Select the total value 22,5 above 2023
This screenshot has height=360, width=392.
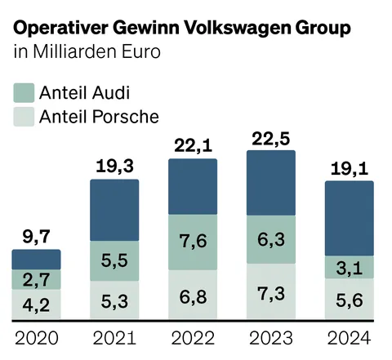pyautogui.click(x=269, y=138)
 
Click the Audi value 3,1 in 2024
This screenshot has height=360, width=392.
pyautogui.click(x=349, y=267)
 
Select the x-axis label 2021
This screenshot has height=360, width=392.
pyautogui.click(x=114, y=338)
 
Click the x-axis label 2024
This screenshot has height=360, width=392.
pyautogui.click(x=349, y=338)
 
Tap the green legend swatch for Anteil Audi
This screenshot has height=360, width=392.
pyautogui.click(x=24, y=91)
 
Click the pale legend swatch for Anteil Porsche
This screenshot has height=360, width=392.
pyautogui.click(x=24, y=116)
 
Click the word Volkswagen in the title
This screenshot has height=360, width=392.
pyautogui.click(x=233, y=28)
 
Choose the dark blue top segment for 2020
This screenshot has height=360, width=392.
pyautogui.click(x=36, y=260)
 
